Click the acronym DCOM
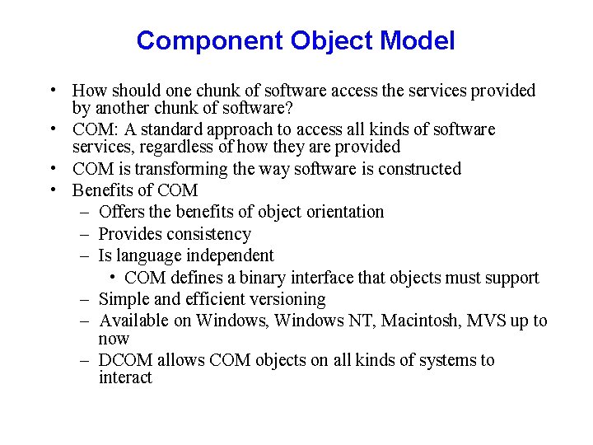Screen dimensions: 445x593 (125, 360)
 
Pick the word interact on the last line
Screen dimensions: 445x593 (125, 378)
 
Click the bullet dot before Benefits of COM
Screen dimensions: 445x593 (53, 190)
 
